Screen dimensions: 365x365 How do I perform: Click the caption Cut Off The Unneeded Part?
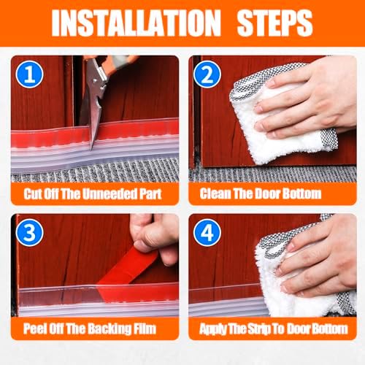pos(96,195)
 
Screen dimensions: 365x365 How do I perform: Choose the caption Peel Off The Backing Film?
pos(96,328)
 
